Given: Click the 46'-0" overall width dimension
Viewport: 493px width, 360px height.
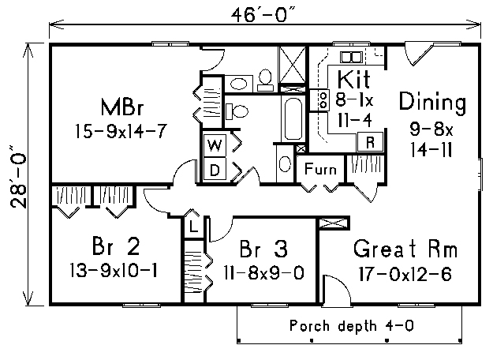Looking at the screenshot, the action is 263,15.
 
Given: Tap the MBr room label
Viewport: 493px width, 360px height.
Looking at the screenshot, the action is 122,107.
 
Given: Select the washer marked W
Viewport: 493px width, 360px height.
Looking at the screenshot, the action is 215,146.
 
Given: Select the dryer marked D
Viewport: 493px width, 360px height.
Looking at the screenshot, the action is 215,171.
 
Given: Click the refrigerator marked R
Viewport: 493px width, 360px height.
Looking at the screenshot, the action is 371,142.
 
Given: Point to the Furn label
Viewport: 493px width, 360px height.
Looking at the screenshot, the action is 320,169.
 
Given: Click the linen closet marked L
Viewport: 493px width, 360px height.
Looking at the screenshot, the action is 194,226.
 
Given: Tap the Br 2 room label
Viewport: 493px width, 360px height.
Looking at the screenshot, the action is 116,246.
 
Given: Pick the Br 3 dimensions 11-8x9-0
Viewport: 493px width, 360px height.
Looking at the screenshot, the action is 263,272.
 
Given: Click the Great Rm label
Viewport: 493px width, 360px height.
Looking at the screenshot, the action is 405,249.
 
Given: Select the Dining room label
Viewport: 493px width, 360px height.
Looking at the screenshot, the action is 432,102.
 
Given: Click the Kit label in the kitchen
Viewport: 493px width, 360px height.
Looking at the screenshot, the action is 353,79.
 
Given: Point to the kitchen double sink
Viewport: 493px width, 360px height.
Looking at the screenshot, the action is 351,58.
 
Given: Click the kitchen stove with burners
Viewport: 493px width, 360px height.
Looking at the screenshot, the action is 319,100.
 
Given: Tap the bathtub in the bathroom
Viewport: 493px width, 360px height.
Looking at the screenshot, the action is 293,118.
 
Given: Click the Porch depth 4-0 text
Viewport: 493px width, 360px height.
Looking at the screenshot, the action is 352,325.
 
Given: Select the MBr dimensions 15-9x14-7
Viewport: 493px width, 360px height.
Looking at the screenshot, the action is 120,131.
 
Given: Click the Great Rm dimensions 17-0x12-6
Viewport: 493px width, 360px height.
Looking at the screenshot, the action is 405,274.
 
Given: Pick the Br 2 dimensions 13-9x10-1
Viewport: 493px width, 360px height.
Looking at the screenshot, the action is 114,271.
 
